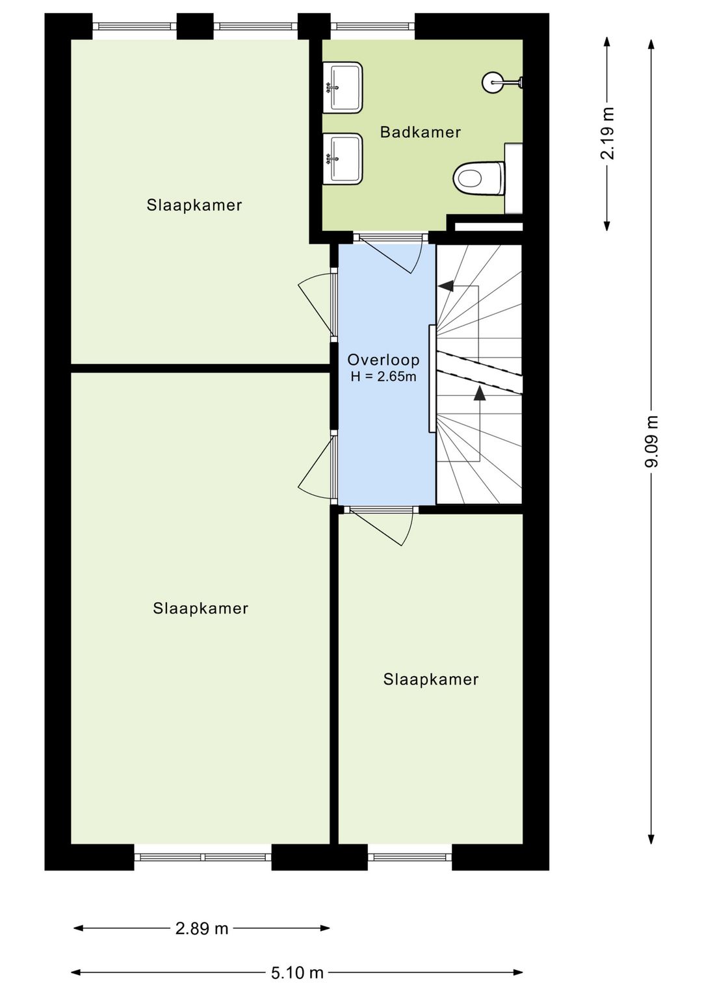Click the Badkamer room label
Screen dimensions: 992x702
(420, 132)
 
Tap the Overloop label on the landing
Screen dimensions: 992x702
(383, 359)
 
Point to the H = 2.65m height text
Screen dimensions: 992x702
(383, 376)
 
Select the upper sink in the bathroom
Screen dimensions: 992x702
(343, 88)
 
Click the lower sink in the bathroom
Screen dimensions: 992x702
(343, 159)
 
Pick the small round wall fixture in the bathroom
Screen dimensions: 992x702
(492, 82)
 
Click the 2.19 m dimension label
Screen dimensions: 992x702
(607, 133)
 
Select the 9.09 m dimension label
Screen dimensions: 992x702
(651, 441)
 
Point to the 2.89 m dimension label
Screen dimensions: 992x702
(201, 928)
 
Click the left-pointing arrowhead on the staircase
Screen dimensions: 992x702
(446, 285)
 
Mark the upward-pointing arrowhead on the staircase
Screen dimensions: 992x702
(480, 392)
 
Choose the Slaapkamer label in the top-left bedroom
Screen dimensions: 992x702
(194, 205)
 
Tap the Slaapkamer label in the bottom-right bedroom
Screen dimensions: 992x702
(430, 679)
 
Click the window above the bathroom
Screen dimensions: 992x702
(372, 27)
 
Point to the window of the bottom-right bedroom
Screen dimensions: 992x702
(409, 857)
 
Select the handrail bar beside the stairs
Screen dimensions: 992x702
(432, 378)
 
